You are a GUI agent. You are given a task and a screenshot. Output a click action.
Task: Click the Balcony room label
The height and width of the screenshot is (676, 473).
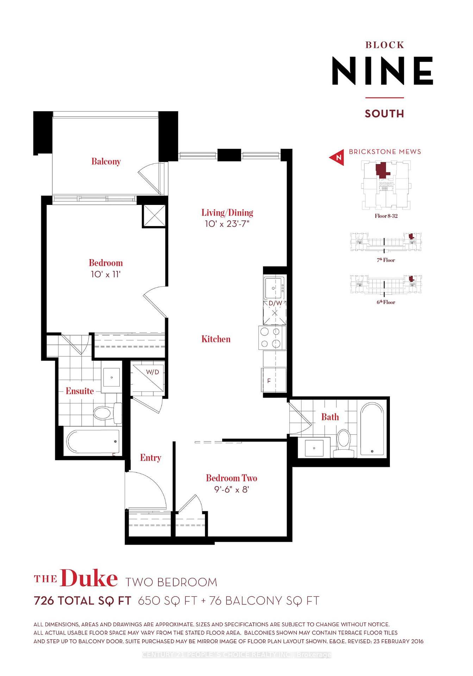[106, 162]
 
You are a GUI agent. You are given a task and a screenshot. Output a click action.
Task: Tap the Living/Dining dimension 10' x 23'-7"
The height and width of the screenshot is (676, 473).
[227, 224]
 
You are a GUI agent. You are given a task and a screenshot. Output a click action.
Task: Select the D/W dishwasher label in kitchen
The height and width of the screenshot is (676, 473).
[275, 303]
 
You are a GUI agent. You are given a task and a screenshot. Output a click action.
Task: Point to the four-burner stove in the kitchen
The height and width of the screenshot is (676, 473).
[272, 338]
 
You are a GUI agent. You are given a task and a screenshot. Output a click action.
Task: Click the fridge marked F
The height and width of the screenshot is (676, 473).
[273, 381]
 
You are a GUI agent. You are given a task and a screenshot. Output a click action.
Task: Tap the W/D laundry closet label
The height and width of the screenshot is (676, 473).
[153, 372]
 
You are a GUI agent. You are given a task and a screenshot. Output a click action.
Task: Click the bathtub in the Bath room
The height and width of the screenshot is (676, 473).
[372, 429]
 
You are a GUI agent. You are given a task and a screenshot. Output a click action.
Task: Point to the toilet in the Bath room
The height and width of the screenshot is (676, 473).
[343, 443]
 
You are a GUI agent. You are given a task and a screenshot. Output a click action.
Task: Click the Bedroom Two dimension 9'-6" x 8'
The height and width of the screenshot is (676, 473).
[231, 490]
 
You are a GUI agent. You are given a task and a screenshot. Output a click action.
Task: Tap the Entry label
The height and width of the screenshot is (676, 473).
[150, 458]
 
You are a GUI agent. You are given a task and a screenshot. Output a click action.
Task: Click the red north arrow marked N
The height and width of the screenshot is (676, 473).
[337, 157]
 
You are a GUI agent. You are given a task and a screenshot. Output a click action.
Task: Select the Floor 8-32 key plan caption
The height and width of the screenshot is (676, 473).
[386, 216]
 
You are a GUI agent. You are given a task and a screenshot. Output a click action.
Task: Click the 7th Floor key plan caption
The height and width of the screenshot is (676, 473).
[386, 260]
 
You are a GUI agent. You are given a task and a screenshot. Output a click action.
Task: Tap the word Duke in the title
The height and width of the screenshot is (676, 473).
[89, 579]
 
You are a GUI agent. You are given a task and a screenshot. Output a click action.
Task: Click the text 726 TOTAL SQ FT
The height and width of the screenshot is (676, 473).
[82, 601]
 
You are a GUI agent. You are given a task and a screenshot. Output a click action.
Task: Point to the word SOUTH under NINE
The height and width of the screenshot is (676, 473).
[384, 114]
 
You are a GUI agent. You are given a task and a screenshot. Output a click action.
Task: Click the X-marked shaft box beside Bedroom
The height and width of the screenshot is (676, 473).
[154, 216]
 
